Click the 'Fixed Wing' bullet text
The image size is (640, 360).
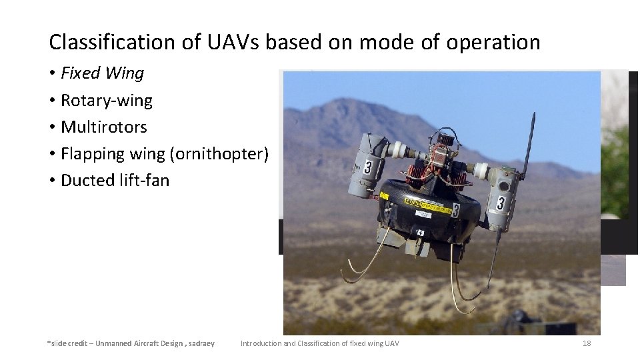coord(102,73)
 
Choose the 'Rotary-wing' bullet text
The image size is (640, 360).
coord(106,101)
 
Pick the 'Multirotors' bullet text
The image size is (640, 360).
coord(103,127)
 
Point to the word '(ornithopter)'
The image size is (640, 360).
coord(219,154)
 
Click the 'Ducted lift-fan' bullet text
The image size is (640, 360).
coord(115,181)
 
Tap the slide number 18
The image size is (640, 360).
coord(587,343)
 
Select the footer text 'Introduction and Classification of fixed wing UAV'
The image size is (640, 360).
coord(320,343)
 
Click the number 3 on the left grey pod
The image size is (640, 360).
coord(368,166)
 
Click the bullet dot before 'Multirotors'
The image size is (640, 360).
coord(51,127)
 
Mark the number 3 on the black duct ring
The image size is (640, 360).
coord(455,211)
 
